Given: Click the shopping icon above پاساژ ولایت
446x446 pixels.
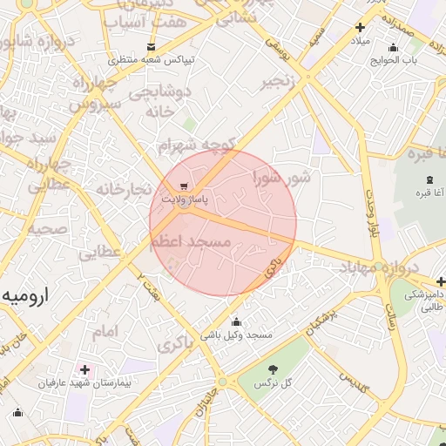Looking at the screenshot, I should click(184, 186).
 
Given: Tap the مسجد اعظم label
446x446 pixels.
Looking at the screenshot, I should click(197, 241).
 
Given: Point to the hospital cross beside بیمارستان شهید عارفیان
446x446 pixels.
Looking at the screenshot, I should click(84, 369).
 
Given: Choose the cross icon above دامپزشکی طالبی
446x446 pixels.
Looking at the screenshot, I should click(441, 281).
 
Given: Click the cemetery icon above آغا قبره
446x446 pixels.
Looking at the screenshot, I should click(429, 179).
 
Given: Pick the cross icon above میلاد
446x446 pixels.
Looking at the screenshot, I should click(360, 27).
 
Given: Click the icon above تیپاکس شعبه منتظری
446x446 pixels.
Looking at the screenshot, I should click(152, 46).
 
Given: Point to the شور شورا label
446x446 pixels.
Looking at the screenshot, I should click(281, 179).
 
